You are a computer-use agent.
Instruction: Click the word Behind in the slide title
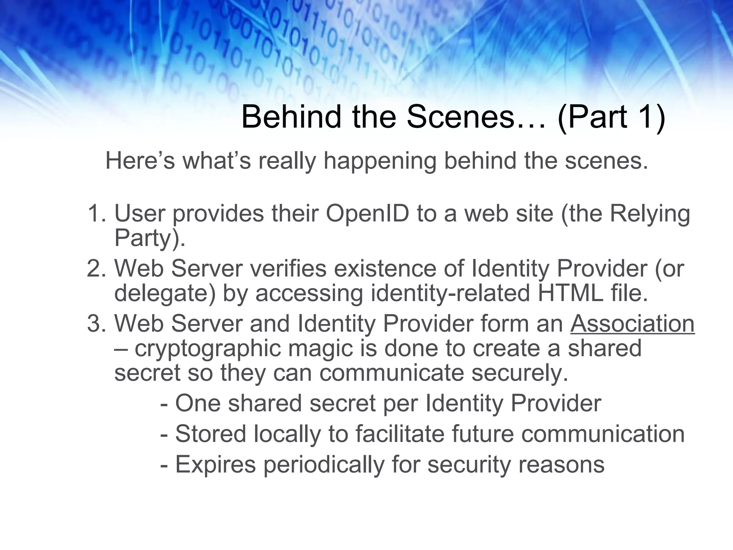click(x=291, y=117)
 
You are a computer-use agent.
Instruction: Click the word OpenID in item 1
click(x=368, y=214)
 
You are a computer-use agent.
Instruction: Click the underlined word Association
click(x=632, y=324)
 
